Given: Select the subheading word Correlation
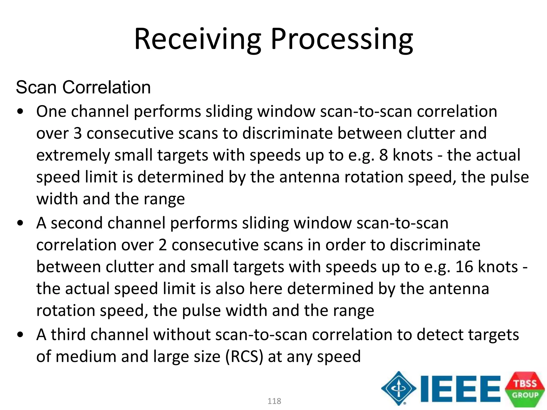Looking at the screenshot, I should (106, 87).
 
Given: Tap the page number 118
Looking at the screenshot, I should (274, 401).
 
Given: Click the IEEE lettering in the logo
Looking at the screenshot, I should (460, 389).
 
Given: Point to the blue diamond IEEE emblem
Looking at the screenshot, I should (398, 388).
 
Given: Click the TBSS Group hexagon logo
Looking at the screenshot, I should (525, 389).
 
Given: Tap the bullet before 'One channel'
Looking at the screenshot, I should (20, 112).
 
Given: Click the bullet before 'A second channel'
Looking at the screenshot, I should (20, 223).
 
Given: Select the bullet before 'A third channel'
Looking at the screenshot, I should (20, 335).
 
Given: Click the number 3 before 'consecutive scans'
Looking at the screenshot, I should (77, 133).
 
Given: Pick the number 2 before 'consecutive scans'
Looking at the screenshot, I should (162, 245).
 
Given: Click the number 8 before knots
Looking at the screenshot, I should (383, 155).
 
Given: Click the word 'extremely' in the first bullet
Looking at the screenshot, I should (73, 156).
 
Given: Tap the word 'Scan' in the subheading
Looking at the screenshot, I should (36, 87).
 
